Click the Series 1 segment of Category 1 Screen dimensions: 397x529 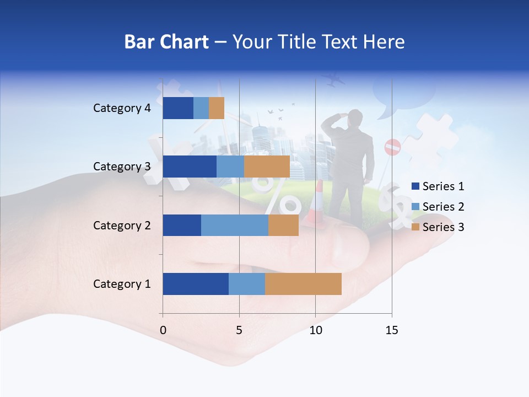coord(196,284)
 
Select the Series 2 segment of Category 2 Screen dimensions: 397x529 coord(235,225)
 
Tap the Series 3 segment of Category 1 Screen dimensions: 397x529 coord(303,284)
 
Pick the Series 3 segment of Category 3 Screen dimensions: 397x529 coord(267,167)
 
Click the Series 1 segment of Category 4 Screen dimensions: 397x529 coord(178,108)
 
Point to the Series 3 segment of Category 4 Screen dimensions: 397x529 coord(217,108)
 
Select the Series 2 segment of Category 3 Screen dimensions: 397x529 coord(230,167)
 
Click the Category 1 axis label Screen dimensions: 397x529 coord(122,284)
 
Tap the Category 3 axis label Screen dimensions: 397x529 coord(122,167)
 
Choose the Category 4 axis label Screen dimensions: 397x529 coord(122,108)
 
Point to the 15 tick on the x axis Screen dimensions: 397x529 coord(391,330)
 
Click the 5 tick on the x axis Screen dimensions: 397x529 coord(239,330)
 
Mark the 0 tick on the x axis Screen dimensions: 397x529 coord(163,330)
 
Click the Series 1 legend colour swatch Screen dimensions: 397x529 coord(415,186)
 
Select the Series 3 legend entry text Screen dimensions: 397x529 coord(443,227)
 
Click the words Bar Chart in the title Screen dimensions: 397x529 coord(166,42)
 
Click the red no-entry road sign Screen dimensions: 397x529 coord(392,147)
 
